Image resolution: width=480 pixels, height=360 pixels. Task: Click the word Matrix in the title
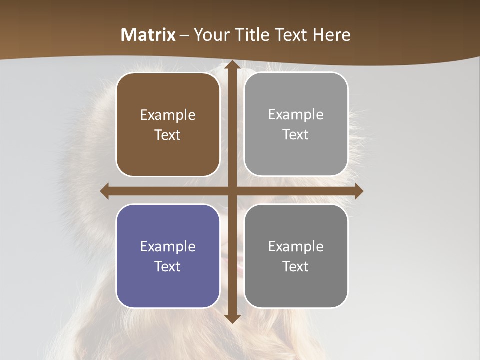tap(148, 35)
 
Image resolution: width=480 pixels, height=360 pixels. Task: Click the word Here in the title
tap(332, 35)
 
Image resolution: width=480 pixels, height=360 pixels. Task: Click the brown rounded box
tap(168, 124)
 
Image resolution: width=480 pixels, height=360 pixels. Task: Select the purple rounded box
tap(168, 256)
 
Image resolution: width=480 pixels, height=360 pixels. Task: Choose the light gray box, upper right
tap(296, 124)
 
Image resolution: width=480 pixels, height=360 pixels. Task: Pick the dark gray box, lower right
tap(296, 256)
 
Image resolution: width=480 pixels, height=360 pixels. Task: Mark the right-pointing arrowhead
tap(358, 191)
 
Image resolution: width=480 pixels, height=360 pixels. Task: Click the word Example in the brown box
tap(168, 115)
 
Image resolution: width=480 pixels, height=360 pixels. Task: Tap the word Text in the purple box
tap(168, 266)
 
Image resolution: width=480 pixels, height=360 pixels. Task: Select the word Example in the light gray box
tap(296, 115)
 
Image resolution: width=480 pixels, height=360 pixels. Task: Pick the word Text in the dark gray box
tap(296, 266)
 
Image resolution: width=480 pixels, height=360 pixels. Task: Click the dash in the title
tap(184, 35)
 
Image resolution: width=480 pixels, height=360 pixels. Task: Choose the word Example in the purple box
tap(168, 247)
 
